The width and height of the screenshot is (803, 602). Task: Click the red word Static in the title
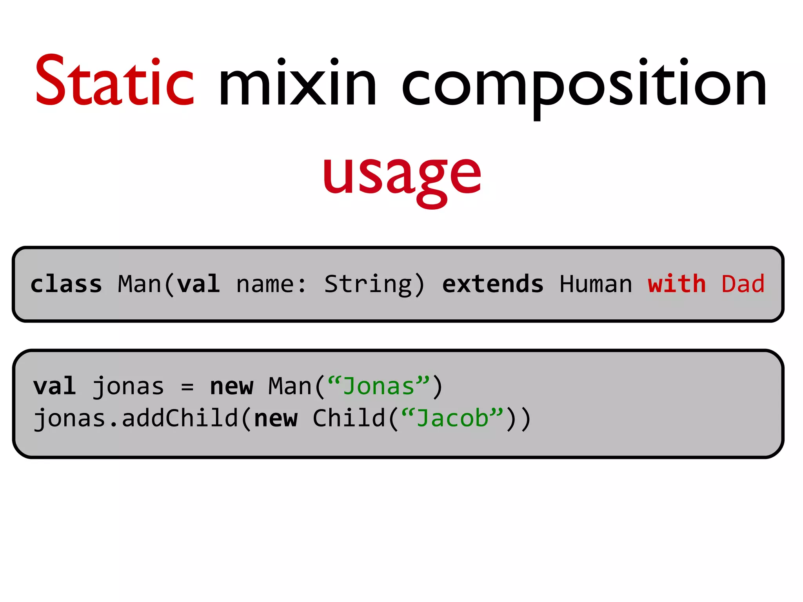coord(114,82)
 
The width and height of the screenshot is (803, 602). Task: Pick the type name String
coord(369,285)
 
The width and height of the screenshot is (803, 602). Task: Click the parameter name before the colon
coord(265,285)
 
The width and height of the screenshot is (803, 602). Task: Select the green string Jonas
coord(379,386)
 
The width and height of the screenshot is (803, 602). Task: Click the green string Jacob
coord(452,419)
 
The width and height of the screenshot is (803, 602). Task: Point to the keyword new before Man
coord(232,386)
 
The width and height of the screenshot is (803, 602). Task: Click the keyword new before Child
coord(276,419)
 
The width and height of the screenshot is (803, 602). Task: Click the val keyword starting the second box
coord(55,386)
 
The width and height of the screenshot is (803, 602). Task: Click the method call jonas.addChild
coord(136,419)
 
